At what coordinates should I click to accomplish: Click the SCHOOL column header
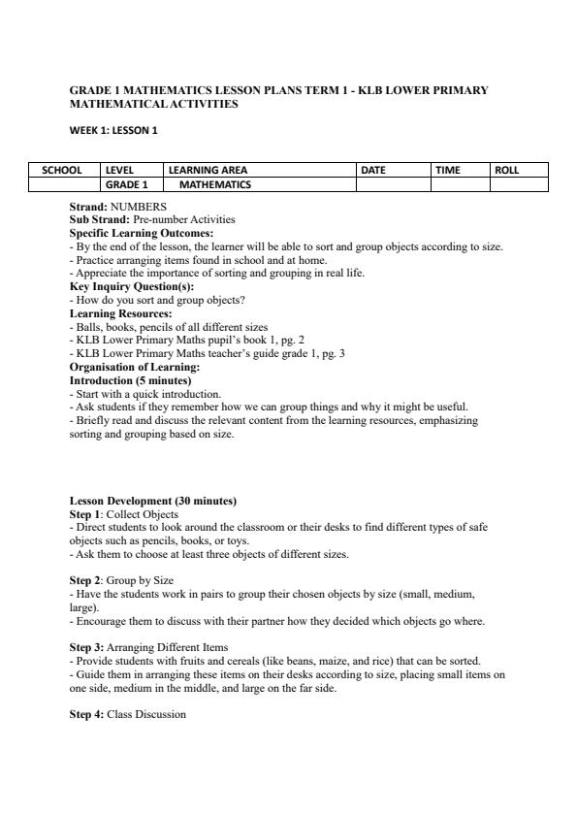tap(62, 170)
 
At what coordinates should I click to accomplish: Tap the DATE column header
tap(373, 170)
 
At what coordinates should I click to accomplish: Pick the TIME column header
tap(448, 170)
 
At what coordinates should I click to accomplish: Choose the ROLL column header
tap(507, 170)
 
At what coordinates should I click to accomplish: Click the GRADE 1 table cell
tap(127, 184)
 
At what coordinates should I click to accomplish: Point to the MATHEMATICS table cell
tap(215, 184)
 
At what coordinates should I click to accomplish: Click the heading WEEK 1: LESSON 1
tap(113, 131)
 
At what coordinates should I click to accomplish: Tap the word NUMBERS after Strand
tap(139, 207)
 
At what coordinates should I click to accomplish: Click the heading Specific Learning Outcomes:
tap(142, 234)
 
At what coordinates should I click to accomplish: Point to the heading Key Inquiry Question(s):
tap(132, 287)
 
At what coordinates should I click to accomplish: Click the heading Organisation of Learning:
tap(135, 368)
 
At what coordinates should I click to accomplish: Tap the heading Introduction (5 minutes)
tap(130, 381)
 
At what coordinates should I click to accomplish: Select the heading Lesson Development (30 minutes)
tap(153, 501)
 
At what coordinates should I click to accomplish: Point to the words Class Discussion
tap(146, 714)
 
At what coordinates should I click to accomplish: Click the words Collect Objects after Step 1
tap(143, 514)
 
